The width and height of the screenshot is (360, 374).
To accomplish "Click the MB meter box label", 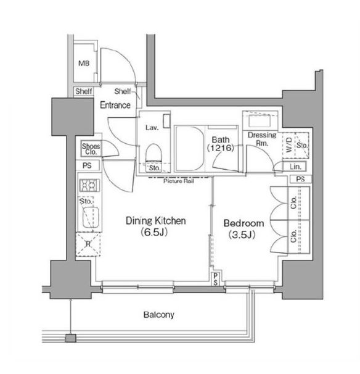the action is pyautogui.click(x=84, y=64).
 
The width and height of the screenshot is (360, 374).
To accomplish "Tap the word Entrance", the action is pyautogui.click(x=115, y=105).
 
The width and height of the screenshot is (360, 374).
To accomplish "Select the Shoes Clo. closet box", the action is pyautogui.click(x=91, y=148).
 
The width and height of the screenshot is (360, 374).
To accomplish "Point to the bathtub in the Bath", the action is pyautogui.click(x=190, y=149).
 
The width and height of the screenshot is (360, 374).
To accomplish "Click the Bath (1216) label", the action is pyautogui.click(x=221, y=144).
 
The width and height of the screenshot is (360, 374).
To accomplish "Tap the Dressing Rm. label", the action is pyautogui.click(x=262, y=139).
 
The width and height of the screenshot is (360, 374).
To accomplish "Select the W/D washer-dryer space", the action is pyautogui.click(x=288, y=145).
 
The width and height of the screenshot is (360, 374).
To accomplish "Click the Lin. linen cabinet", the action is pyautogui.click(x=295, y=167).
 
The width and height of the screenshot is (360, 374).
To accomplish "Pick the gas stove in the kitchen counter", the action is pyautogui.click(x=89, y=185).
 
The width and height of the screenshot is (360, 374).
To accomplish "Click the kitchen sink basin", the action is pyautogui.click(x=91, y=217).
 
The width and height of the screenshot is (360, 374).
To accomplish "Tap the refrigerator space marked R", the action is pyautogui.click(x=88, y=244).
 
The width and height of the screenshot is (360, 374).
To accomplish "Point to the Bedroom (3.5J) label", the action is pyautogui.click(x=243, y=229).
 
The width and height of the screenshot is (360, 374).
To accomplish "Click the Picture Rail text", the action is pyautogui.click(x=178, y=181).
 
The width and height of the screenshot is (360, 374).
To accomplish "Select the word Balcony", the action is pyautogui.click(x=158, y=315).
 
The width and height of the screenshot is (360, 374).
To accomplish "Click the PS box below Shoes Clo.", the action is pyautogui.click(x=88, y=165).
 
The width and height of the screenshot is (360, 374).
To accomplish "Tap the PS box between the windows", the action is pyautogui.click(x=216, y=278).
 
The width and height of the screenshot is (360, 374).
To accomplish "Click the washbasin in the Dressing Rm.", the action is pyautogui.click(x=260, y=121).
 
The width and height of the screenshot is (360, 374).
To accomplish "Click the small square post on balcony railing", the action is pyautogui.click(x=70, y=338).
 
